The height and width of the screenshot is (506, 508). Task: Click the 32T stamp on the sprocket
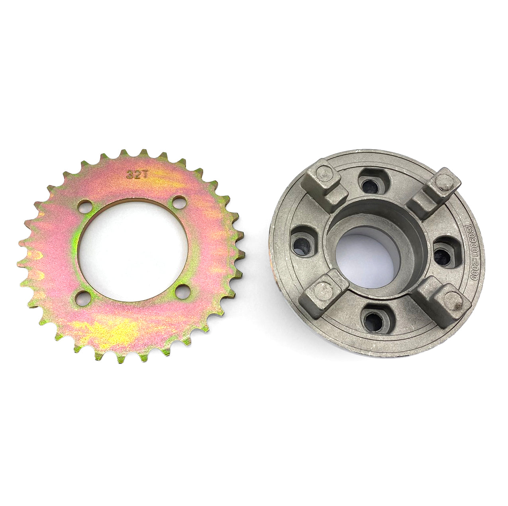tap(134, 174)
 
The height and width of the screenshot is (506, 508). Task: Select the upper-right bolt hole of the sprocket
tap(179, 202)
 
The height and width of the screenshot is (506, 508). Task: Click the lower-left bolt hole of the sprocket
tap(83, 298)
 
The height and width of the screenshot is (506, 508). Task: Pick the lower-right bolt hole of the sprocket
tap(183, 292)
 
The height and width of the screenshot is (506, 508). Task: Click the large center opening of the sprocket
tap(133, 250)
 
